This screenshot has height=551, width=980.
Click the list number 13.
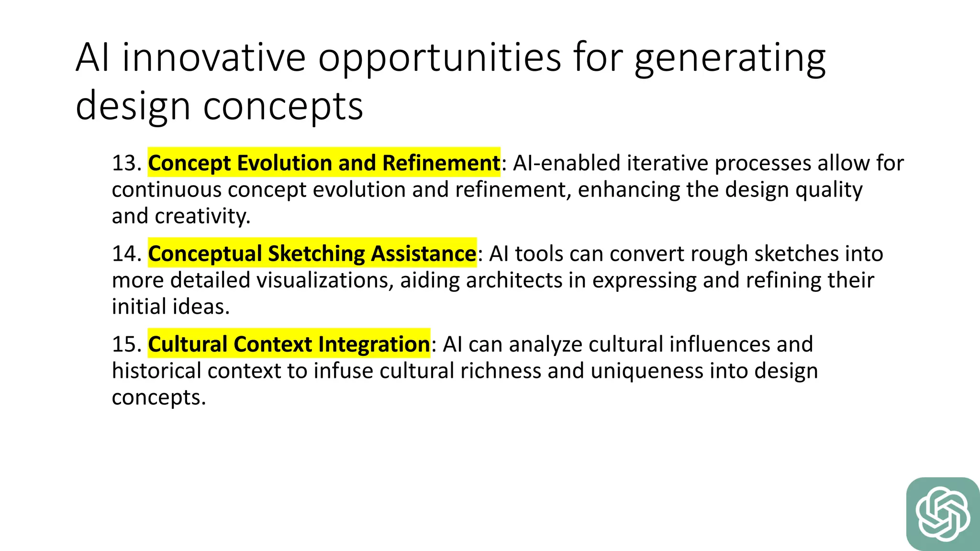[126, 163]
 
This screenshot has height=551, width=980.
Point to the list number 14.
[126, 253]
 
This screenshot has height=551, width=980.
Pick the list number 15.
[126, 344]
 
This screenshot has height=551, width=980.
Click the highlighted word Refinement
[441, 163]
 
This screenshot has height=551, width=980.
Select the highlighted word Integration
[374, 344]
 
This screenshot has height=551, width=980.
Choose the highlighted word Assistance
[423, 253]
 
